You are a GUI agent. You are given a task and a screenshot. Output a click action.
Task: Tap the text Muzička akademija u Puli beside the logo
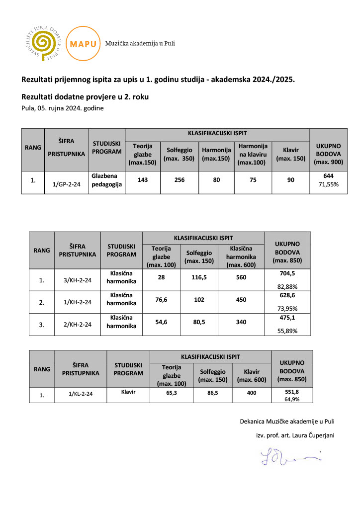point(140,43)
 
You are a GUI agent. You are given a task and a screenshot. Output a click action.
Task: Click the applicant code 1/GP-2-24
point(66,184)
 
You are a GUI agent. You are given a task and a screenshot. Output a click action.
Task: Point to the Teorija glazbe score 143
point(143,180)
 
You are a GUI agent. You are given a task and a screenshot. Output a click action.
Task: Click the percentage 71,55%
point(328,184)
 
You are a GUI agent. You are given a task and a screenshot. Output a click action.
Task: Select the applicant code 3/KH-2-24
point(78,280)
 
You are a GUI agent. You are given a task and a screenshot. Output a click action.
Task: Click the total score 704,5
point(287,273)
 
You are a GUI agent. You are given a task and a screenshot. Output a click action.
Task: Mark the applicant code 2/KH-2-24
point(78,325)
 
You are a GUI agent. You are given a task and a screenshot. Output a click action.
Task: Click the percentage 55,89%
point(287,331)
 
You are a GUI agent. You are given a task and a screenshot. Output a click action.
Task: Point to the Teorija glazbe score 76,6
point(161,300)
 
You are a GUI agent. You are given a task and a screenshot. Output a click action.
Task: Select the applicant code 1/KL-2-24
point(81,394)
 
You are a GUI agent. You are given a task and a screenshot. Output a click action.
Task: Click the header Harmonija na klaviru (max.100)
point(253,154)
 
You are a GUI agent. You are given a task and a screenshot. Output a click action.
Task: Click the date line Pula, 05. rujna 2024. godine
point(62,108)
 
